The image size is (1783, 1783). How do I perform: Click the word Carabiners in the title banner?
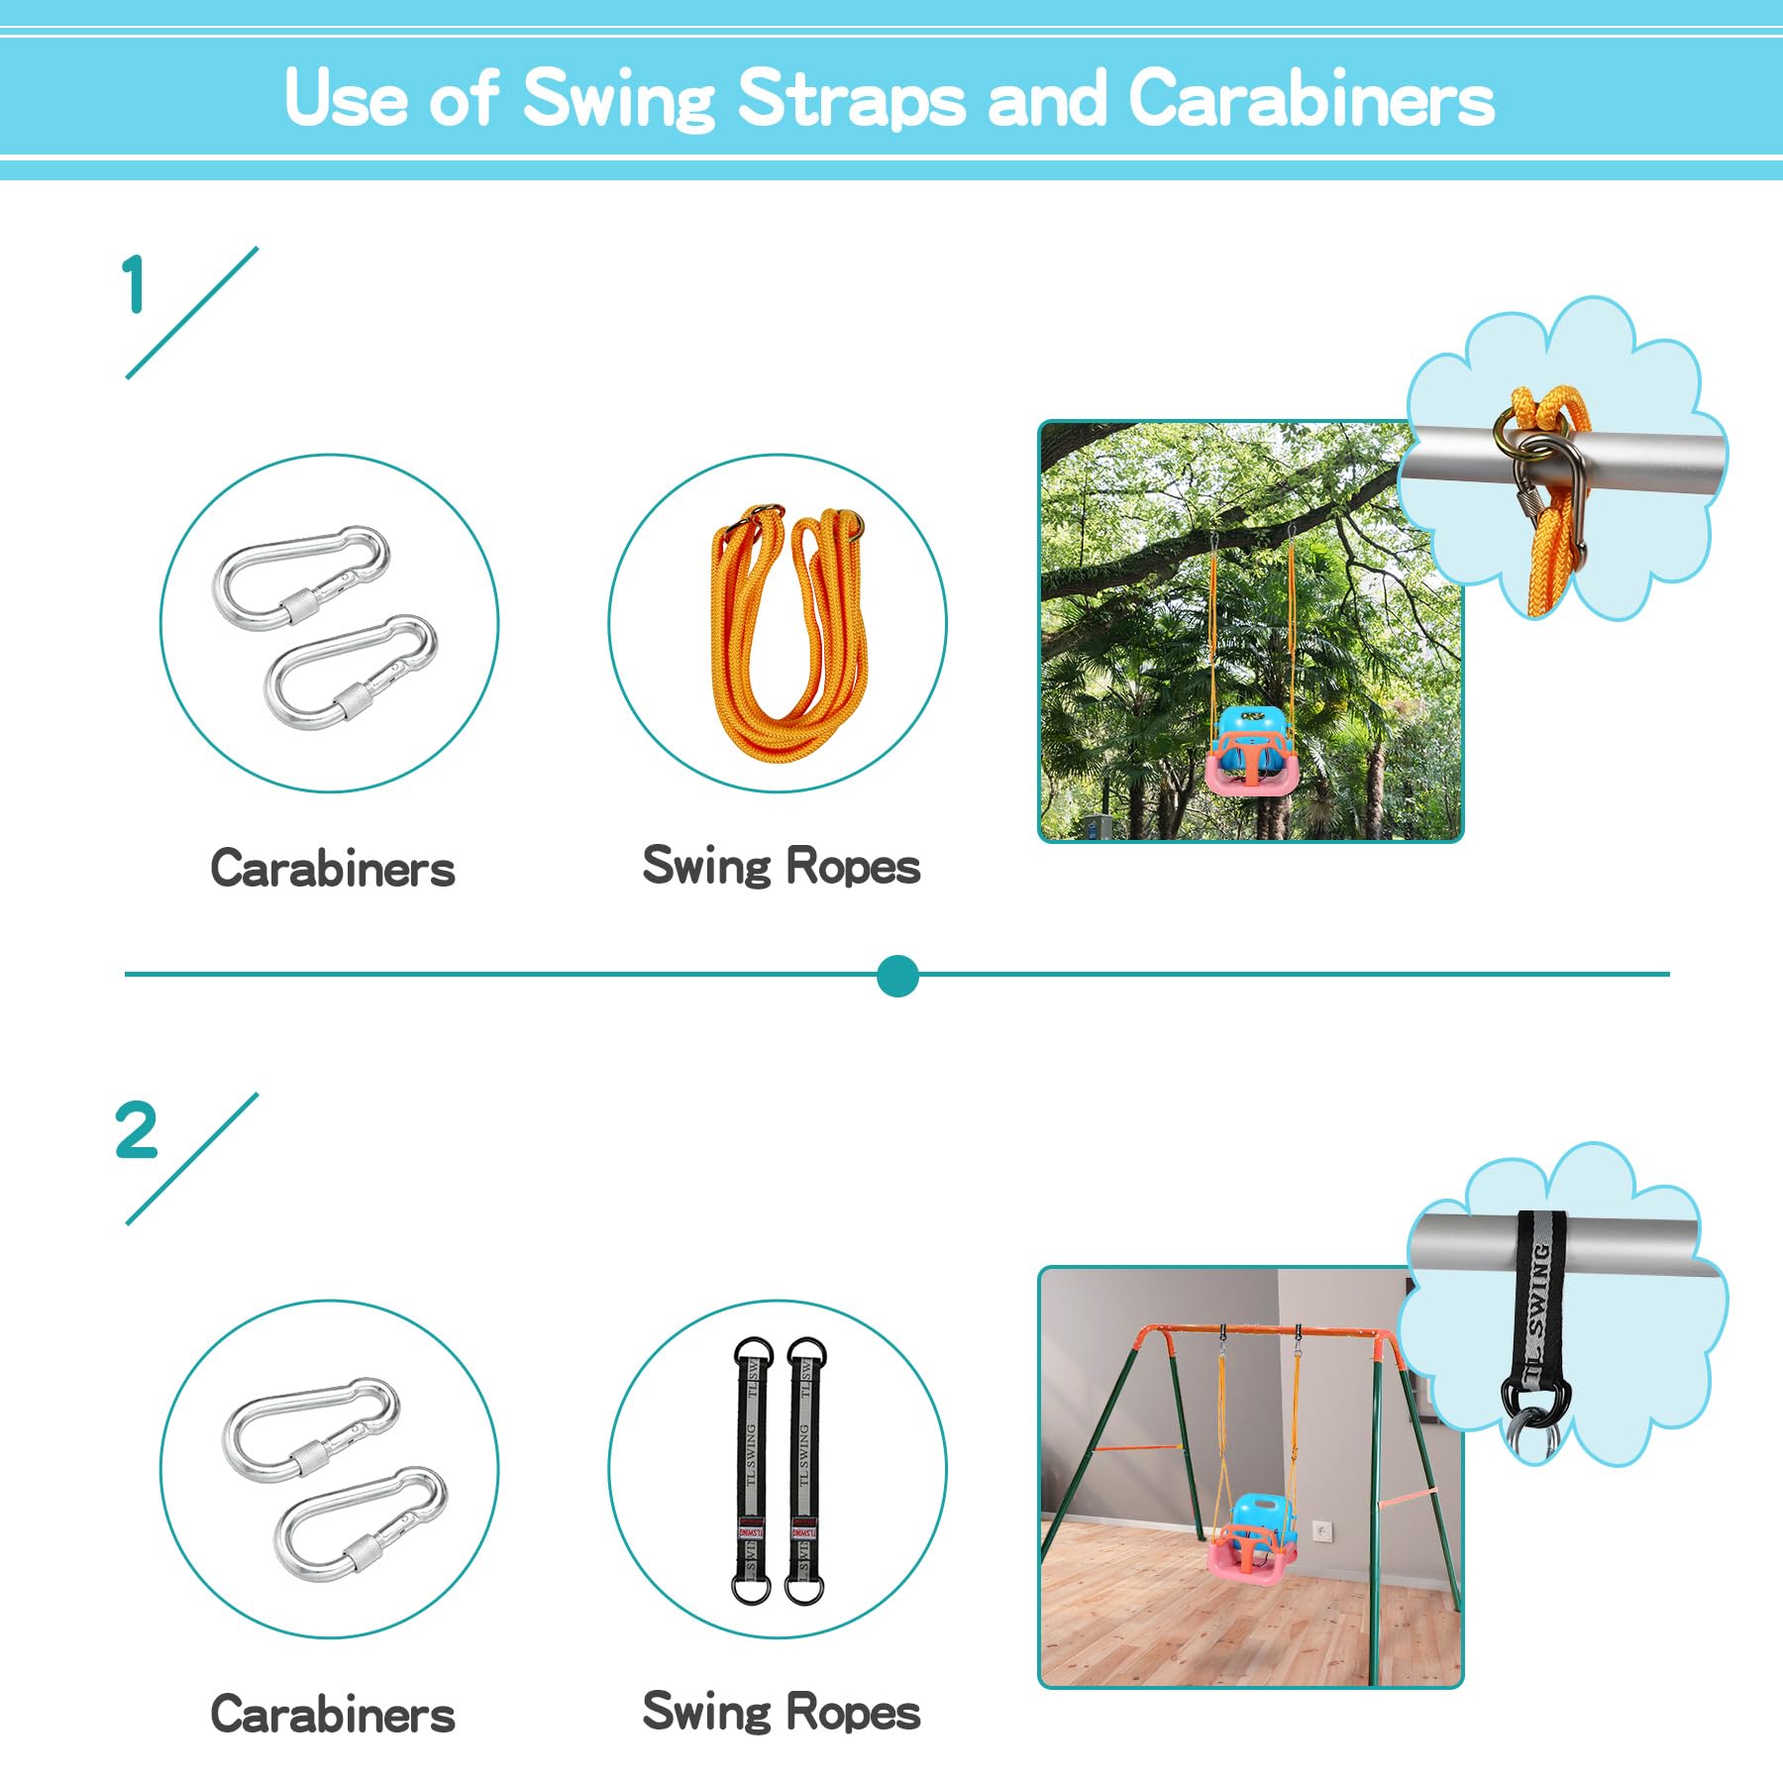coord(1311,99)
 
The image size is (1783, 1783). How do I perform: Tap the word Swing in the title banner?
coord(618,99)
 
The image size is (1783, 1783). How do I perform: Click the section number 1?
coord(134,284)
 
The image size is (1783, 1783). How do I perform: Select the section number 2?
coord(136,1130)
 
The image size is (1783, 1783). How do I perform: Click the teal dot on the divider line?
coord(897,976)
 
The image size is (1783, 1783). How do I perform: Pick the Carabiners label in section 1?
coord(333,869)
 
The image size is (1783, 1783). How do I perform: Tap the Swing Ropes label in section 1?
coord(782,866)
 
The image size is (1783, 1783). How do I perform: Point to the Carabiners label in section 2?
coord(333,1715)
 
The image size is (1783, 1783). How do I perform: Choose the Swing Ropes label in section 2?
coord(782,1712)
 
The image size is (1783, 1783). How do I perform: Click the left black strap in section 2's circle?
coord(751,1470)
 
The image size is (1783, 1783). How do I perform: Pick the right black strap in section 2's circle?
coord(804,1470)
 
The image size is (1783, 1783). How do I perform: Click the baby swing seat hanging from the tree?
coord(1251,750)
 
